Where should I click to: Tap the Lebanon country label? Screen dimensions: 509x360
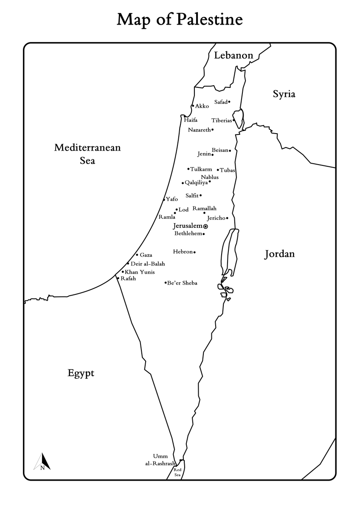point(233,55)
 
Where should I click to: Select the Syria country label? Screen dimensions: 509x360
point(284,94)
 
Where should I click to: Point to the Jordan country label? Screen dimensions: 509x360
point(279,254)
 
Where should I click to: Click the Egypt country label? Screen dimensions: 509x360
point(81,373)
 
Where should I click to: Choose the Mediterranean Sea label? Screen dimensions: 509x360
point(87,154)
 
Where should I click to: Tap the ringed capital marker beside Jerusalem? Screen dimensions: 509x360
point(205,227)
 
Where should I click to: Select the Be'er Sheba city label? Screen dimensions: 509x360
point(183,283)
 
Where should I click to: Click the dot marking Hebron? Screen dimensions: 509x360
point(194,252)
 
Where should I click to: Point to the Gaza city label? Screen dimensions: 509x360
point(146,255)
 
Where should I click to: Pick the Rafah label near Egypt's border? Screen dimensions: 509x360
point(128,279)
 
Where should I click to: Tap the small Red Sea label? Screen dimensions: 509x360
point(177,473)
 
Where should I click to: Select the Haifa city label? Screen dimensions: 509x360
point(191,120)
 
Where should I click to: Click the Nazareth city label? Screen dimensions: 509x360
point(199,130)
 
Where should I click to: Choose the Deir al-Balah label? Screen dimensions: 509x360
point(148,264)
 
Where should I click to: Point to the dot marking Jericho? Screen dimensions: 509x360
point(227,218)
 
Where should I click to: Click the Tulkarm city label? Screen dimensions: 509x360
point(201,169)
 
